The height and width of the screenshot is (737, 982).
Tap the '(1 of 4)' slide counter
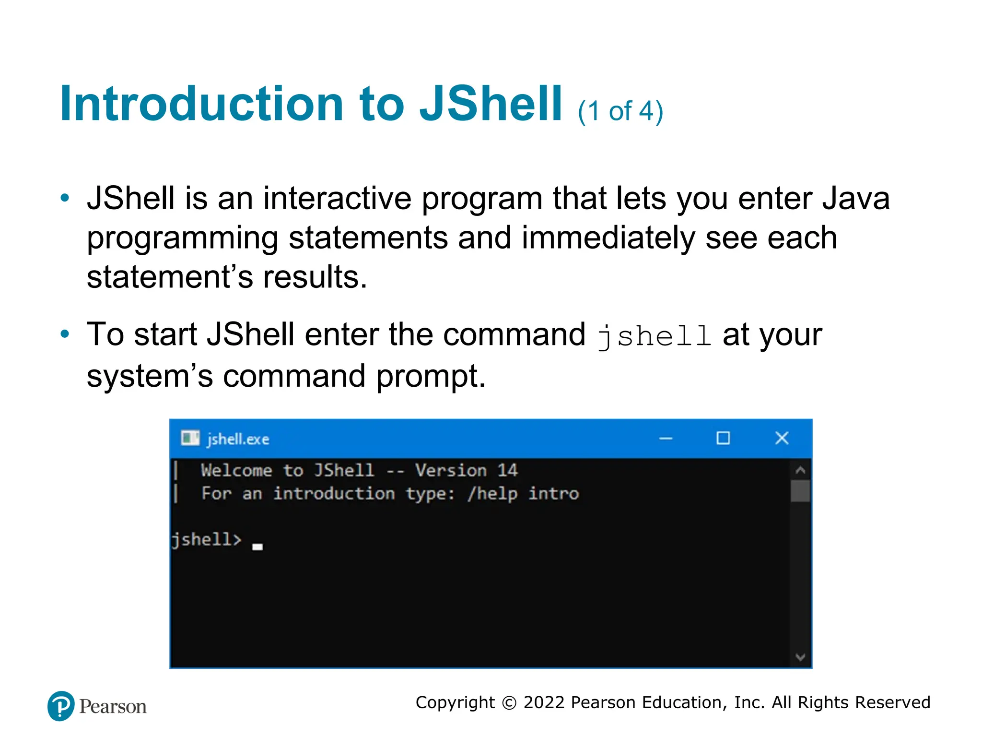(x=620, y=111)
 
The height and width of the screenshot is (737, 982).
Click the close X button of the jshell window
(x=782, y=438)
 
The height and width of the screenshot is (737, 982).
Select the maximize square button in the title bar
(x=723, y=438)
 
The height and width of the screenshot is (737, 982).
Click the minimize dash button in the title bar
(x=666, y=439)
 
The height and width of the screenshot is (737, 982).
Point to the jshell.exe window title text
(x=238, y=439)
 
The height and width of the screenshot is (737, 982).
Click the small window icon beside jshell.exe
(x=190, y=438)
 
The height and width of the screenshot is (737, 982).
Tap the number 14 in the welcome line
(x=507, y=470)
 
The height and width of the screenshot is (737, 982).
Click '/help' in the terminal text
(x=492, y=494)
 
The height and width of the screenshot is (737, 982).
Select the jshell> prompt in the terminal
(x=206, y=540)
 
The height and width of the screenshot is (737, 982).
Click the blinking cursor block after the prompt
(x=257, y=547)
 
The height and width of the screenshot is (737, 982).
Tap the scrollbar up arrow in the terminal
(x=800, y=470)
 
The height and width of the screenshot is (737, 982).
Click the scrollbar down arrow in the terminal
(x=800, y=657)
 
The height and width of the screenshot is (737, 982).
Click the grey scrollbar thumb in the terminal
(x=800, y=491)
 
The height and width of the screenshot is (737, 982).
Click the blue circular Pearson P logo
(x=61, y=706)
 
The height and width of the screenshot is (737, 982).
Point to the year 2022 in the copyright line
(x=544, y=702)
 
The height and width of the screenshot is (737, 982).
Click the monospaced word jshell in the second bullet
(x=654, y=336)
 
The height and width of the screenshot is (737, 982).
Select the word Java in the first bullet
(x=856, y=199)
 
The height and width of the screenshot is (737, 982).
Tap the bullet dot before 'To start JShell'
(x=65, y=334)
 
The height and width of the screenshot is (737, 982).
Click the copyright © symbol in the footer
(x=509, y=703)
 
